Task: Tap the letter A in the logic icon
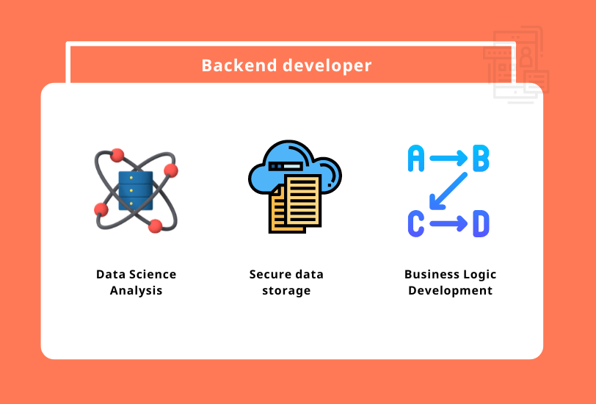[x=416, y=158]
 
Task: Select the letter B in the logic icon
[x=480, y=158]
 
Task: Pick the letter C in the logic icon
[x=416, y=223]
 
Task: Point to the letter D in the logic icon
[x=480, y=223]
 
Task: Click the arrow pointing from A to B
[x=448, y=158]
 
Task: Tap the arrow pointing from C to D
[x=448, y=223]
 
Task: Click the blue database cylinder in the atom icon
[x=136, y=191]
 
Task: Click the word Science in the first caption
[x=153, y=274]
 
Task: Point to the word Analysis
[x=137, y=290]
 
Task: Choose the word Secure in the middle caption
[x=271, y=274]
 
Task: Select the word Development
[x=450, y=290]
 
